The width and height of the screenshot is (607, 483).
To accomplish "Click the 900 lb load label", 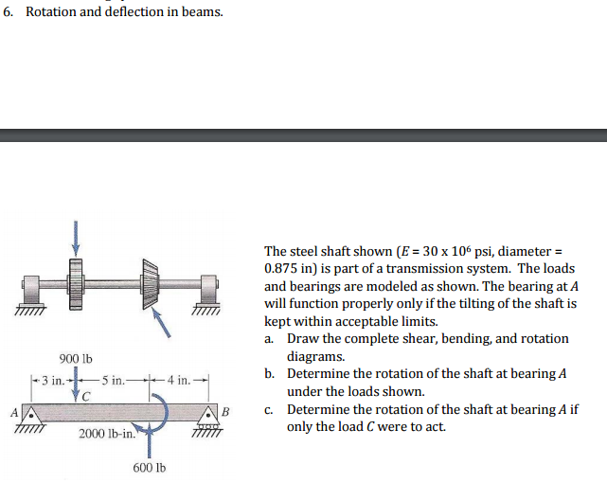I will coord(75,359).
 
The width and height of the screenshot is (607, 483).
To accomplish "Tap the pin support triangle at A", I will coord(30,413).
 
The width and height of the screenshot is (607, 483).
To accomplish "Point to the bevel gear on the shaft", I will coord(152,281).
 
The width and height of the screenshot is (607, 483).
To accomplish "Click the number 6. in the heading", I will coord(9,12).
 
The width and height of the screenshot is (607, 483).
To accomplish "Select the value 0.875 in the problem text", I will coord(282,268).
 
